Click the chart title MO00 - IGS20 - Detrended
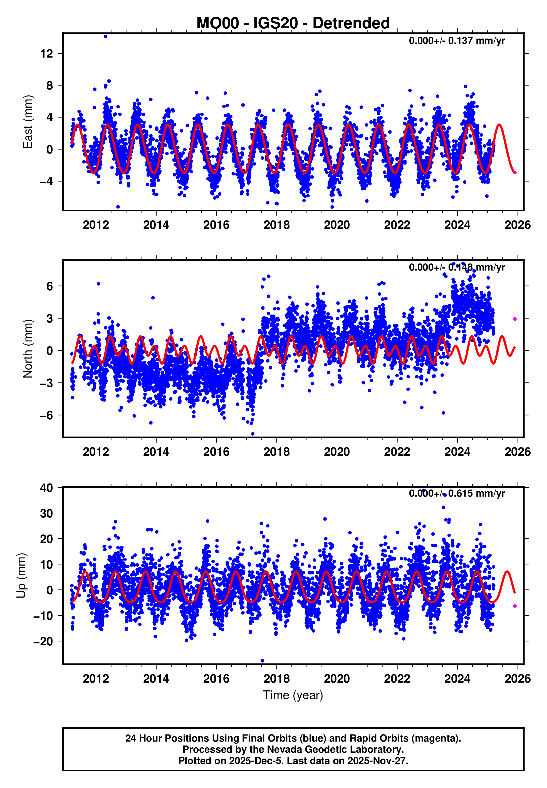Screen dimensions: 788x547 293,23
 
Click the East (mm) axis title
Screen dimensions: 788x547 28,122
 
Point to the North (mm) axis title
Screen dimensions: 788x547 28,349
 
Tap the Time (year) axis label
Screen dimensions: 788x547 293,695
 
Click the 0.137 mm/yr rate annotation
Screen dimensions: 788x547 457,41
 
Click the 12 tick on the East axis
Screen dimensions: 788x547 47,53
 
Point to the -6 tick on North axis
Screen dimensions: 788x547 46,415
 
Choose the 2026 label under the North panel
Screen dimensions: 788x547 517,452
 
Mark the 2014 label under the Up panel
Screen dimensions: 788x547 156,679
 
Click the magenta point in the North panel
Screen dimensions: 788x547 515,319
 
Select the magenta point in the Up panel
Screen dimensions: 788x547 515,606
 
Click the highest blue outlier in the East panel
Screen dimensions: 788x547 106,37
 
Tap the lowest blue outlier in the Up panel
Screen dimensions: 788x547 263,661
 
